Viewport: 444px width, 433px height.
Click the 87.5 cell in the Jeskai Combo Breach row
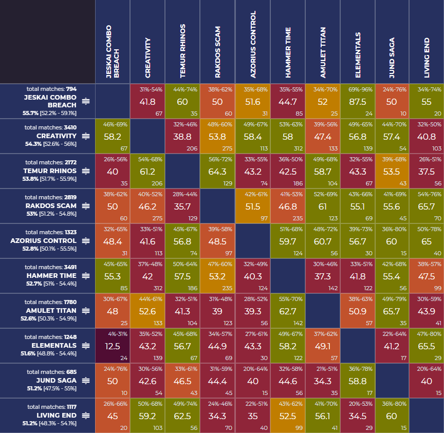point(357,102)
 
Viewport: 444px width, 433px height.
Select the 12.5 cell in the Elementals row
point(113,346)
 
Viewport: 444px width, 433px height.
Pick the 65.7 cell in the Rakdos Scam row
point(427,206)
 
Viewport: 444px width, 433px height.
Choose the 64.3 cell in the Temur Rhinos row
point(217,172)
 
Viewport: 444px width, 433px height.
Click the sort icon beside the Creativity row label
point(86,136)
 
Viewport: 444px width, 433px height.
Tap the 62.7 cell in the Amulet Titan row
point(287,311)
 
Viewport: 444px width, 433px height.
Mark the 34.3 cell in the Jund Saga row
point(322,381)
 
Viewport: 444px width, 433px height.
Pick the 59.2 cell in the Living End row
point(147,416)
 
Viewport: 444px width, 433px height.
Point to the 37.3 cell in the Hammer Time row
point(322,276)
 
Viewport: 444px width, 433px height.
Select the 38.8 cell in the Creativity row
point(182,137)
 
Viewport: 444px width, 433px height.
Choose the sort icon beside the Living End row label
point(86,416)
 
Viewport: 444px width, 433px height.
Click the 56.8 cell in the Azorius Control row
point(182,241)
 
